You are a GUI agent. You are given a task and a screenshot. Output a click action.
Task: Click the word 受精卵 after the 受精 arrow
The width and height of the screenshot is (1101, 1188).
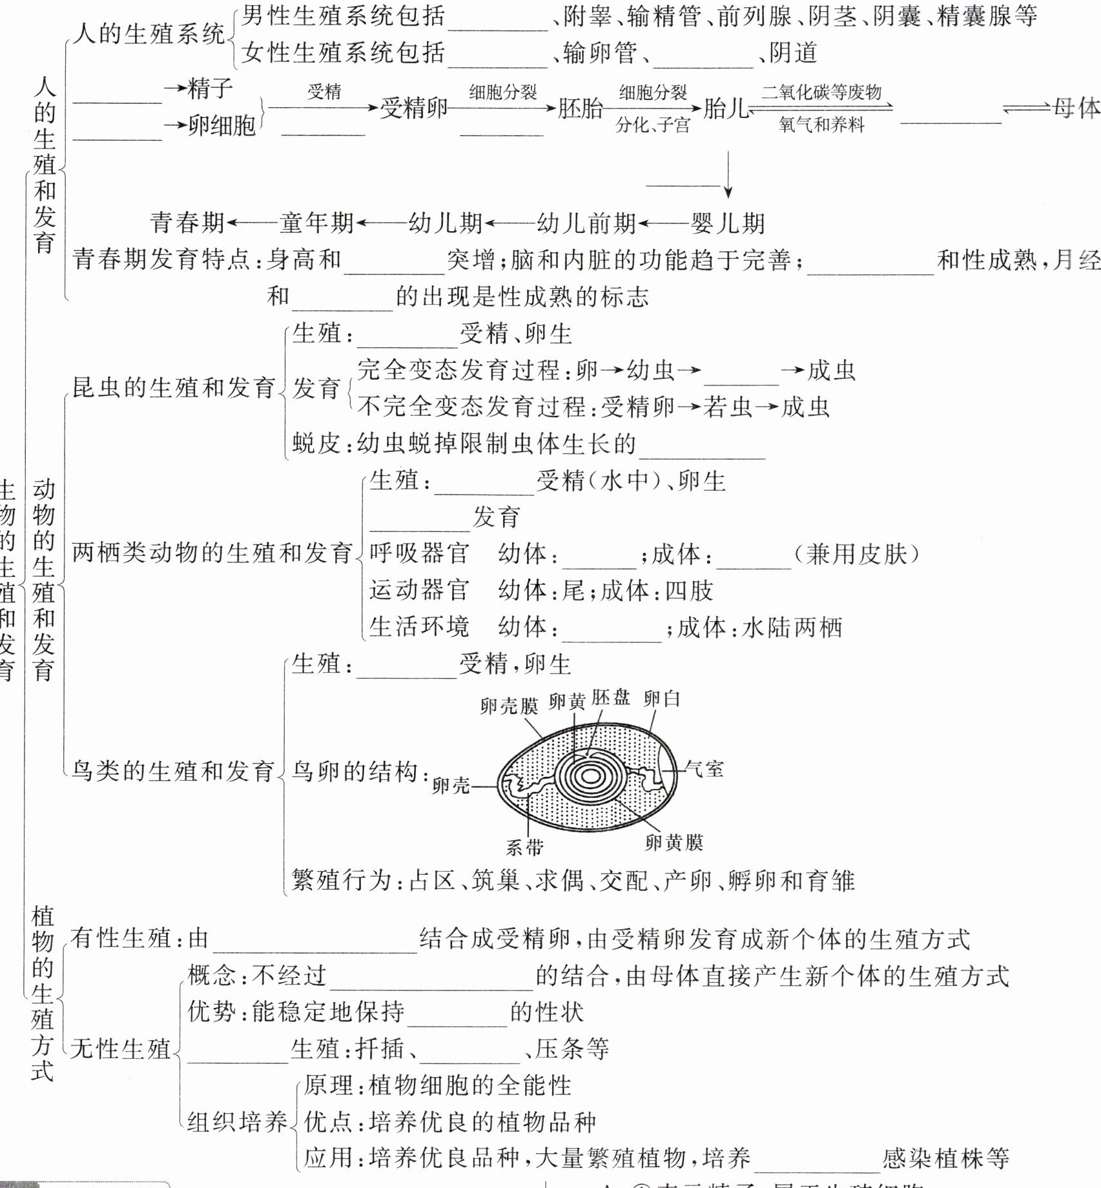[413, 108]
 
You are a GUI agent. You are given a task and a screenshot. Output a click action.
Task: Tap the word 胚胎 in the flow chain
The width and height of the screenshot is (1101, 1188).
[580, 108]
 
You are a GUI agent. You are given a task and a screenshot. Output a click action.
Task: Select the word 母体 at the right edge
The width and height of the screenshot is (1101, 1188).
[1076, 108]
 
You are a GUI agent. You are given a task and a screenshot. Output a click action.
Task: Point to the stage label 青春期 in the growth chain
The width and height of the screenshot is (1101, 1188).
[187, 223]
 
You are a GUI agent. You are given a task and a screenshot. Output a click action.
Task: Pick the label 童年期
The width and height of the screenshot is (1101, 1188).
[316, 223]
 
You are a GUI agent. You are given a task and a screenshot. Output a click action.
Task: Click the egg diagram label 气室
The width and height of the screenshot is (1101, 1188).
[705, 768]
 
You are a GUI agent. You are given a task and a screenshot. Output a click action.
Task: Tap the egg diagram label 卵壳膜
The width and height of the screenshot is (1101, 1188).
[508, 706]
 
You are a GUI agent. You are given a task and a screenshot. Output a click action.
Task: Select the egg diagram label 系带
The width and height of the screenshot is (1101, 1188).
[524, 847]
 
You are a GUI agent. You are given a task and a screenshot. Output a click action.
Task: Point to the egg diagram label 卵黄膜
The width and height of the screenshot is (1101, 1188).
[674, 842]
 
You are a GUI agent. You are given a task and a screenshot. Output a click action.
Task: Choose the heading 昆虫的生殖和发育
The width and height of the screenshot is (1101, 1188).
[173, 387]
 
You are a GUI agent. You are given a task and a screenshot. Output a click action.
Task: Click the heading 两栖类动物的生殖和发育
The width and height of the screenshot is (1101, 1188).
[212, 553]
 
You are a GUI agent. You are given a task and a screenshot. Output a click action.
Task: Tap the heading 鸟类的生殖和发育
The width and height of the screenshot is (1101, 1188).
[173, 771]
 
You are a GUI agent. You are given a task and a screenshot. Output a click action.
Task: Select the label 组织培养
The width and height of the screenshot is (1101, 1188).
[237, 1121]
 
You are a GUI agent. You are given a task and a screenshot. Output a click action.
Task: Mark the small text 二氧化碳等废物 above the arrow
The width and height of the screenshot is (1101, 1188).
[821, 92]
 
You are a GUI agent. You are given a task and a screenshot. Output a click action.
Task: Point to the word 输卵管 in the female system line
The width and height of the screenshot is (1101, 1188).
[600, 53]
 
